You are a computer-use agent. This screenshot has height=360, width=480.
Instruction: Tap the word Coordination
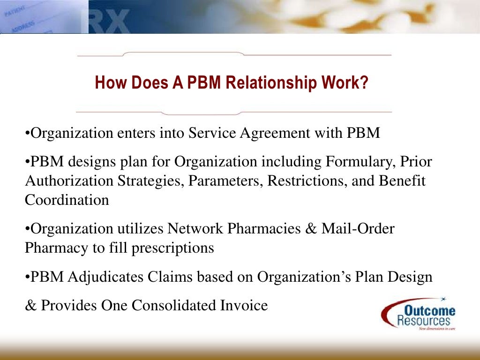pyautogui.click(x=67, y=200)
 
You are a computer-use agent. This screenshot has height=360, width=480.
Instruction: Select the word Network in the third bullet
pyautogui.click(x=196, y=229)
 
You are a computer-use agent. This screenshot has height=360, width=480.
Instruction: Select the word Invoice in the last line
pyautogui.click(x=244, y=306)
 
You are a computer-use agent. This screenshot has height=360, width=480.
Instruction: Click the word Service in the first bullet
pyautogui.click(x=212, y=133)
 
